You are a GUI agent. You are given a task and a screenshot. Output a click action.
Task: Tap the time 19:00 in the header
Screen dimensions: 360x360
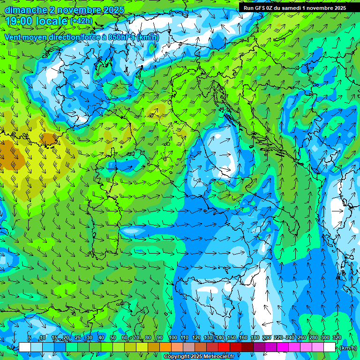click(x=20, y=21)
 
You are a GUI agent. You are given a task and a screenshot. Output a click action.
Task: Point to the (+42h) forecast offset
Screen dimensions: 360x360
click(x=81, y=21)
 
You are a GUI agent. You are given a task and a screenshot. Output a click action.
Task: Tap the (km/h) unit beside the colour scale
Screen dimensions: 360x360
click(x=348, y=348)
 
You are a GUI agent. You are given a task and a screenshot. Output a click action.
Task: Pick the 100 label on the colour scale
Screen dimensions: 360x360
click(x=172, y=338)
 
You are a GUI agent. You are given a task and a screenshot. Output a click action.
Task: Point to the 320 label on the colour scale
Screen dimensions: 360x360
click(x=337, y=338)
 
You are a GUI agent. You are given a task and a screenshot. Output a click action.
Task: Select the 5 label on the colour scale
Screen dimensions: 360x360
click(x=30, y=338)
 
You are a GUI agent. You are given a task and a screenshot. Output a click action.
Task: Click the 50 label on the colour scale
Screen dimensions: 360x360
click(x=112, y=338)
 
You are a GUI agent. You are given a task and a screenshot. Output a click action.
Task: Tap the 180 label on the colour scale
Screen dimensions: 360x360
click(x=255, y=338)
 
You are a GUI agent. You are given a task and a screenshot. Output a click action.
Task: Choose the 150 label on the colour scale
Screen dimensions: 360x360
click(x=231, y=338)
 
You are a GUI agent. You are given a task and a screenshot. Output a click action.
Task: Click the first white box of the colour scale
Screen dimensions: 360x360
click(x=25, y=347)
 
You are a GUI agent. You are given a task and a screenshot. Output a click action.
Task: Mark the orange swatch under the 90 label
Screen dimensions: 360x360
click(x=165, y=347)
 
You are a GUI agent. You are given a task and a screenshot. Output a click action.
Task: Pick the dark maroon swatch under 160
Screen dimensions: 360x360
click(x=247, y=347)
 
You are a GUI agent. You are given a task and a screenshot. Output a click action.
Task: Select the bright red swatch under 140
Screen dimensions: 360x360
click(x=224, y=347)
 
